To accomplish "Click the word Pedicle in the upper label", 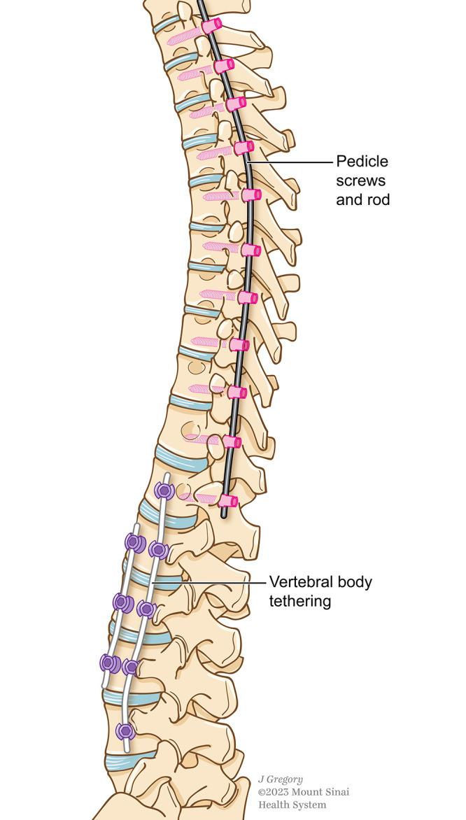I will tap(362, 162).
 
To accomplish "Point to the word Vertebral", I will tap(298, 582).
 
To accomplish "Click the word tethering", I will tap(299, 601).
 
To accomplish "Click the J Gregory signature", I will tap(281, 779).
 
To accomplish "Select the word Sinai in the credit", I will tap(335, 792).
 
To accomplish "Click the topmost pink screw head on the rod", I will tap(211, 25).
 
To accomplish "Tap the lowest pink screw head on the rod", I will tap(228, 501).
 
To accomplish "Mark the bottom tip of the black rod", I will tap(223, 516).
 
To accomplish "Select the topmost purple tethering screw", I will tap(164, 490).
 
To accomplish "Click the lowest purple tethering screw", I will tap(125, 732).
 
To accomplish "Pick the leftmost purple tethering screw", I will tap(109, 662).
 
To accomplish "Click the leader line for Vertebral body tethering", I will tap(210, 582).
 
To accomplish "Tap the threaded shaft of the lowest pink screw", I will tap(199, 498).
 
